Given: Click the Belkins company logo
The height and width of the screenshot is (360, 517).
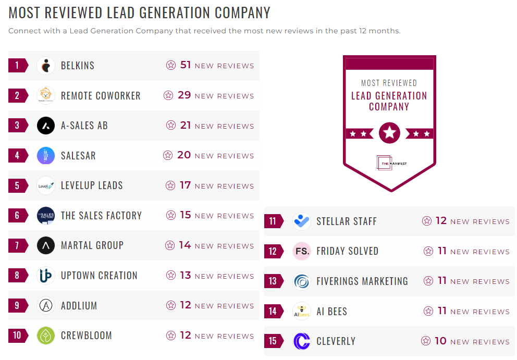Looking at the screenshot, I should [46, 66].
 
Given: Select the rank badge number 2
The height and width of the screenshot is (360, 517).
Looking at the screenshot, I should [17, 95].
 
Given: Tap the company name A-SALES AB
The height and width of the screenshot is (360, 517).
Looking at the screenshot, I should [84, 126].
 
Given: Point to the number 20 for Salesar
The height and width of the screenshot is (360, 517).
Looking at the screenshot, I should [184, 155].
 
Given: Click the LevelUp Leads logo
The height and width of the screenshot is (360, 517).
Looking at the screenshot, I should [46, 185].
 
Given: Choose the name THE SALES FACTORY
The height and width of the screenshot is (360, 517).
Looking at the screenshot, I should [101, 216].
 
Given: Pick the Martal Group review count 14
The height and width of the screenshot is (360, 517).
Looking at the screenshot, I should [185, 245].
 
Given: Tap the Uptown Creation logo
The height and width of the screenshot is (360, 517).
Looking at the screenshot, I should [46, 276].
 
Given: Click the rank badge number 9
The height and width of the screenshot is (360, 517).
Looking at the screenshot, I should [17, 305].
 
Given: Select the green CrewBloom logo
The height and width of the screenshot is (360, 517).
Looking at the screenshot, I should [46, 336].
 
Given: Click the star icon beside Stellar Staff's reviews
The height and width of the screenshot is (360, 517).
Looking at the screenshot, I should [427, 221].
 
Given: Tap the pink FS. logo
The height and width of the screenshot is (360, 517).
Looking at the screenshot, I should [302, 251].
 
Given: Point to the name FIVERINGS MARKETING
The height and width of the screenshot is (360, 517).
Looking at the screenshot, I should [362, 281].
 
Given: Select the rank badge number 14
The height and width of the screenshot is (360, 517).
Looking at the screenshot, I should [273, 312].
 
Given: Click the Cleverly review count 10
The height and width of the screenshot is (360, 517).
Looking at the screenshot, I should [440, 341].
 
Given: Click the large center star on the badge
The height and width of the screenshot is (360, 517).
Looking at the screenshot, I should [389, 133].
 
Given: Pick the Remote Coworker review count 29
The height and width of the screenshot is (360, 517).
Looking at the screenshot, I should [184, 95].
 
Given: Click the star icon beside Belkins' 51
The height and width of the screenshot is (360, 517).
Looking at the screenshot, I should [171, 66].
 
